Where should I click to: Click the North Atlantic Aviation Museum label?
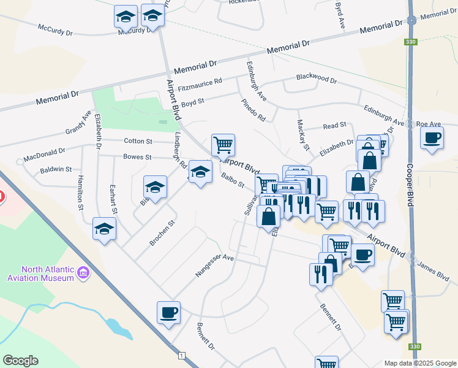tap(47, 274)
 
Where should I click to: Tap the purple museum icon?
tap(83, 272)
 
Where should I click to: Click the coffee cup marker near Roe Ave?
tap(432, 138)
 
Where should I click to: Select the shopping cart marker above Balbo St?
tap(223, 145)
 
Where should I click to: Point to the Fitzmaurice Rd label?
tap(200, 85)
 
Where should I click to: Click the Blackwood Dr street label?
tap(316, 80)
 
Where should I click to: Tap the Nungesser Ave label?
tap(215, 266)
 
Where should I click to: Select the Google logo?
tap(20, 361)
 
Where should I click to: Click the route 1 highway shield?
tap(182, 356)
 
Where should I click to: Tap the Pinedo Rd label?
tap(253, 109)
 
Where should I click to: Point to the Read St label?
tap(334, 126)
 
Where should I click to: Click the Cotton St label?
tap(133, 140)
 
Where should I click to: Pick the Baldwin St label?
tap(56, 169)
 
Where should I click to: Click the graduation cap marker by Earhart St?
tap(105, 230)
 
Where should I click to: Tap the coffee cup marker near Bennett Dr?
tap(168, 313)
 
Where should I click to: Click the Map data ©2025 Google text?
tap(419, 363)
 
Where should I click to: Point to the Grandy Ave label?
tap(78, 123)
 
